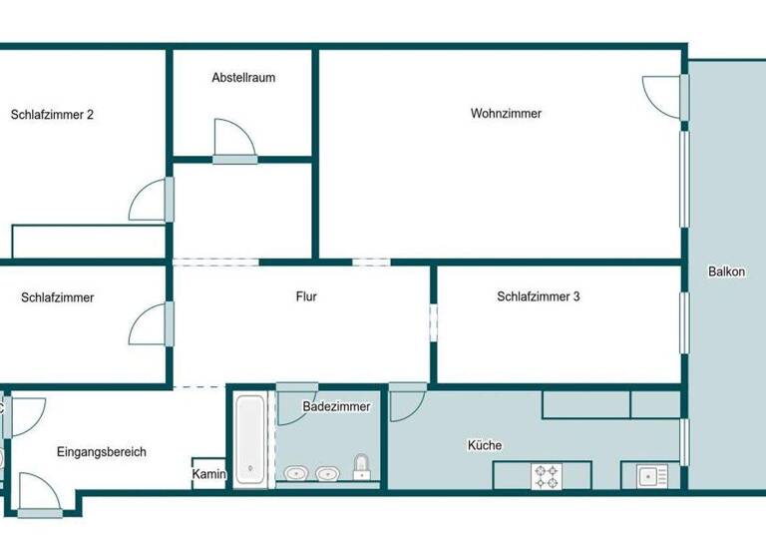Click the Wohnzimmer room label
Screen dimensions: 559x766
(506, 114)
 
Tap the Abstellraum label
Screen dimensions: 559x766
(243, 78)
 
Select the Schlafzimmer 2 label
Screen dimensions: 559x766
(52, 115)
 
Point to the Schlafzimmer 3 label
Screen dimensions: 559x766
(539, 296)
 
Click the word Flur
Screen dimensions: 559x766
(306, 296)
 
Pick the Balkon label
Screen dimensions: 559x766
(726, 272)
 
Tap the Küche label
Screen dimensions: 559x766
(485, 445)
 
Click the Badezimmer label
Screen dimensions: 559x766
(336, 406)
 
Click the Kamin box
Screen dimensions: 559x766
(209, 474)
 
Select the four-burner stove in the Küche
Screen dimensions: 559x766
(546, 476)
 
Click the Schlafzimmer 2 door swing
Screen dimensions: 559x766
(150, 202)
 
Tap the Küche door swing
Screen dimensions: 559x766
(405, 401)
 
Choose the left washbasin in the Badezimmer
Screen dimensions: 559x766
(295, 472)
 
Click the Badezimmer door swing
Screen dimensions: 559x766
(294, 403)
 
